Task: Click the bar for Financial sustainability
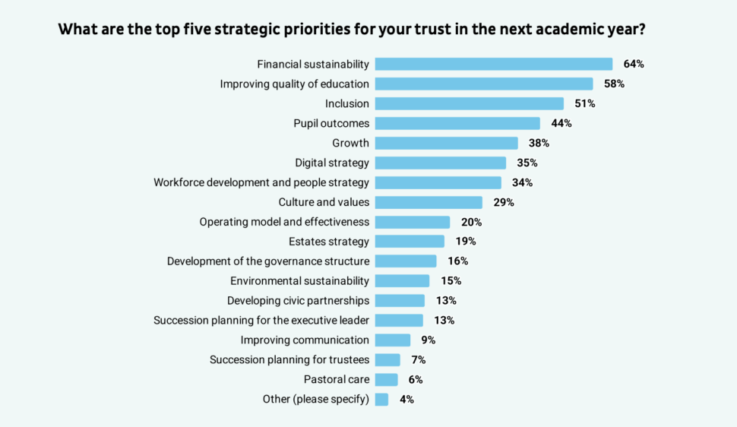pos(494,64)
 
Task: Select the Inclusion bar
pos(470,103)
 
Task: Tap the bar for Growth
pos(447,143)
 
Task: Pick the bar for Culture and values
pos(429,202)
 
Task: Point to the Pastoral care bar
pos(387,379)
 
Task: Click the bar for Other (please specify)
pos(382,399)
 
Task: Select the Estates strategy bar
pos(410,242)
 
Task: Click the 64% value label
pos(634,64)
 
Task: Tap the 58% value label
pos(614,84)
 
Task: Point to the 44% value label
pos(561,123)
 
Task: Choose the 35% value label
pos(527,163)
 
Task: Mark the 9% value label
pos(429,340)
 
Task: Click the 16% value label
pos(457,261)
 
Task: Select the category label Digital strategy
pos(332,163)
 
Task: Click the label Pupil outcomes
pos(331,123)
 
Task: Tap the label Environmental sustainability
pos(299,281)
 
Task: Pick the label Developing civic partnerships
pos(298,300)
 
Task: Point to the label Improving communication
pos(305,340)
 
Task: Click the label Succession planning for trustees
pos(289,359)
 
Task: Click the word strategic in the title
pos(281,30)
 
